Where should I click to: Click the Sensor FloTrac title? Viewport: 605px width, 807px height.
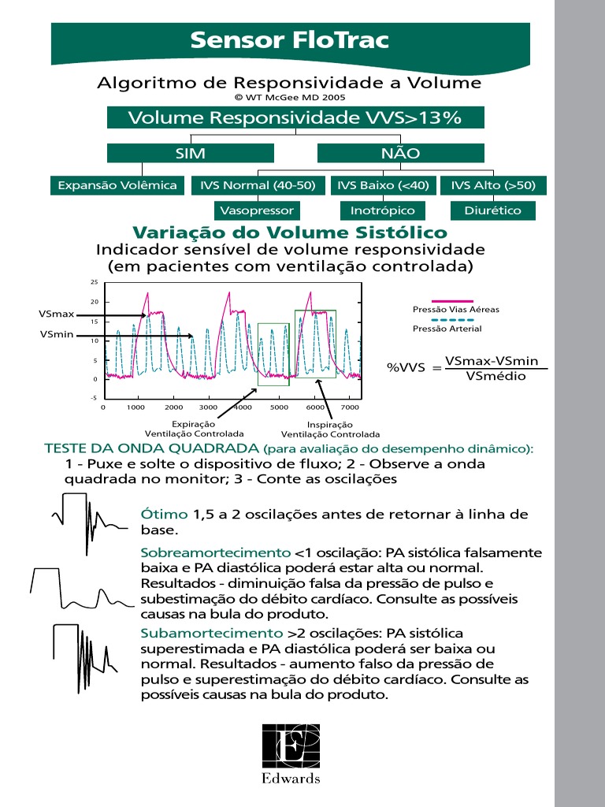(x=290, y=40)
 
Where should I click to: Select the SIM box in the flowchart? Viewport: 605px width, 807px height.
(x=190, y=153)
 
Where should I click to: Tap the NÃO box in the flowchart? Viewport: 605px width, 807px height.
(x=400, y=153)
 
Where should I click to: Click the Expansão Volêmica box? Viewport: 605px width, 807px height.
(x=117, y=185)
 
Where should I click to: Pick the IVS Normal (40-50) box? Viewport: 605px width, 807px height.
(x=258, y=185)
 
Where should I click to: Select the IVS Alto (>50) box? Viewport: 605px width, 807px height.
(x=493, y=185)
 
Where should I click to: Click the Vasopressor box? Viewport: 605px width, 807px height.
(x=257, y=210)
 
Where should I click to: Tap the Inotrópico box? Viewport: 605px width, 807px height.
(x=382, y=210)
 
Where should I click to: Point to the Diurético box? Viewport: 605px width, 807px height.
(x=492, y=210)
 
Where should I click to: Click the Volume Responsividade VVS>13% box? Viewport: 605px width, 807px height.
(x=295, y=117)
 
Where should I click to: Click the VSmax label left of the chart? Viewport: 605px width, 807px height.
(x=57, y=314)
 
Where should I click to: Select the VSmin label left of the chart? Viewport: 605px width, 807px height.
(x=57, y=335)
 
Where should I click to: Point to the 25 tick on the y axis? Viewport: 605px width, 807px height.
(x=94, y=282)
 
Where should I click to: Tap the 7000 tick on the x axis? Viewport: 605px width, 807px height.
(x=351, y=407)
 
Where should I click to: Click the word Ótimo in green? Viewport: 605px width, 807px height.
(x=159, y=515)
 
